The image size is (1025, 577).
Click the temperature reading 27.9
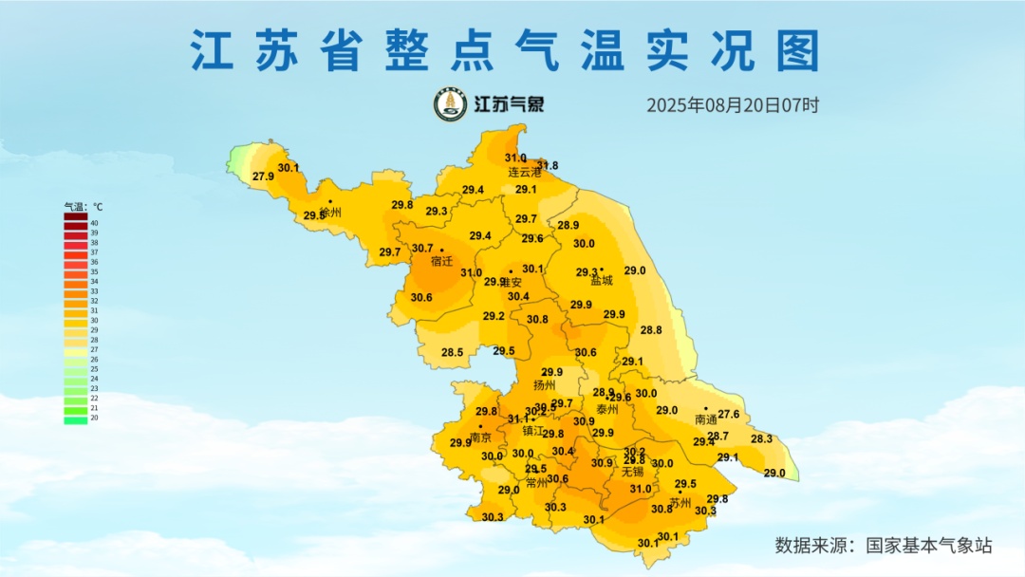pyautogui.click(x=263, y=177)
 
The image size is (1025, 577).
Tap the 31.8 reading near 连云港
pyautogui.click(x=548, y=166)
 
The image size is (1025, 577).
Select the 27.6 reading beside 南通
pyautogui.click(x=728, y=414)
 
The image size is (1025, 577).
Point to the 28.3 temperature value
pyautogui.click(x=761, y=439)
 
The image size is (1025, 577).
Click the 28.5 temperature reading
pyautogui.click(x=452, y=353)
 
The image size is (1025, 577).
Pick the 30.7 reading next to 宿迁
pyautogui.click(x=421, y=249)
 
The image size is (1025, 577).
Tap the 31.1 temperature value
pyautogui.click(x=517, y=419)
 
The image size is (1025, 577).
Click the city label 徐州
pyautogui.click(x=330, y=213)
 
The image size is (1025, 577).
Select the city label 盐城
pyautogui.click(x=601, y=281)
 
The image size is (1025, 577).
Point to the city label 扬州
pyautogui.click(x=544, y=385)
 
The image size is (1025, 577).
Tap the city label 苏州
pyautogui.click(x=680, y=503)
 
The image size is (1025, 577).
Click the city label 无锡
pyautogui.click(x=632, y=472)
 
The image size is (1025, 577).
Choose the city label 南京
pyautogui.click(x=480, y=437)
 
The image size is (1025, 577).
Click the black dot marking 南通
pyautogui.click(x=705, y=408)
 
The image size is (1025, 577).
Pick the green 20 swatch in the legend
pyautogui.click(x=76, y=419)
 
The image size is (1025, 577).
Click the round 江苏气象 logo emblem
pyautogui.click(x=451, y=105)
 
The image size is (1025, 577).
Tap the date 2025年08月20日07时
pyautogui.click(x=732, y=105)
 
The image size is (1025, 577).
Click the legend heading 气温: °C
pyautogui.click(x=84, y=206)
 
